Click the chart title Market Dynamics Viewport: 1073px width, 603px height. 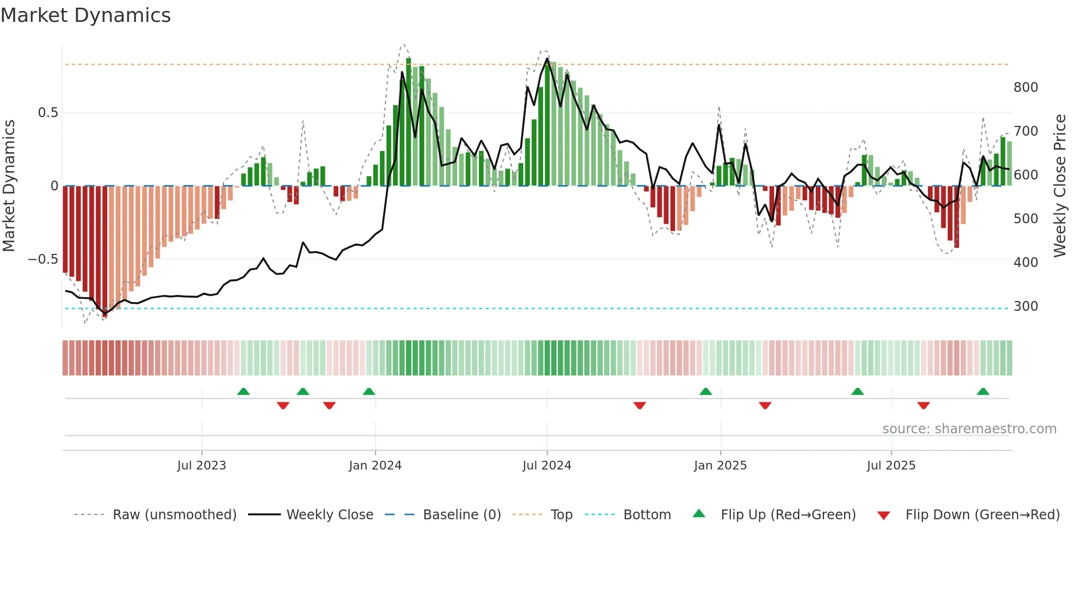[86, 15]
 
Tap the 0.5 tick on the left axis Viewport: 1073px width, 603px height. [48, 113]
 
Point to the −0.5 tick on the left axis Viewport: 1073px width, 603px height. [43, 259]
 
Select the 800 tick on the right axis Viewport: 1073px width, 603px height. [1025, 88]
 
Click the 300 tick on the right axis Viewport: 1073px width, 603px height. [1025, 306]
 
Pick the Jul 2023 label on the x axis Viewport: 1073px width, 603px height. [201, 466]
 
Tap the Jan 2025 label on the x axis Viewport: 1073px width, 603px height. [720, 466]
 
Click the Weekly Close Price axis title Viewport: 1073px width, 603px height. [1060, 186]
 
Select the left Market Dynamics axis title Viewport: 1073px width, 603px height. [9, 186]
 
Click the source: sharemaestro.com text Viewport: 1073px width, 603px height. [969, 429]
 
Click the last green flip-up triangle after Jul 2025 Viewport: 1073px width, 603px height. [983, 392]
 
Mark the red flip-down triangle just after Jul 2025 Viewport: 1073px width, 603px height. [924, 405]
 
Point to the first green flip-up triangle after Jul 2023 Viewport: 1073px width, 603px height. [244, 392]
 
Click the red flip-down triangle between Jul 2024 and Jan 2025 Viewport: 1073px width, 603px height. [639, 405]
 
